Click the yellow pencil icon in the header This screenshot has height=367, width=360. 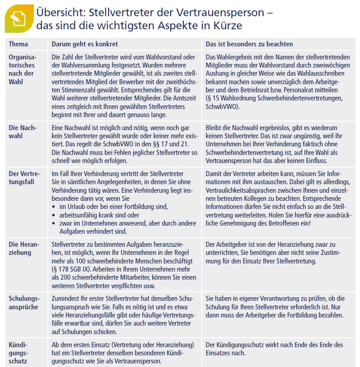(x=18, y=18)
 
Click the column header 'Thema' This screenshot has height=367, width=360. (x=18, y=44)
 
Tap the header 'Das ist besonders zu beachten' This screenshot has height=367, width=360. (x=249, y=44)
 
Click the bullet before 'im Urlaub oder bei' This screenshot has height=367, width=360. (x=55, y=207)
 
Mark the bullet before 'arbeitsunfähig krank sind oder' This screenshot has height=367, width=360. (x=55, y=215)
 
